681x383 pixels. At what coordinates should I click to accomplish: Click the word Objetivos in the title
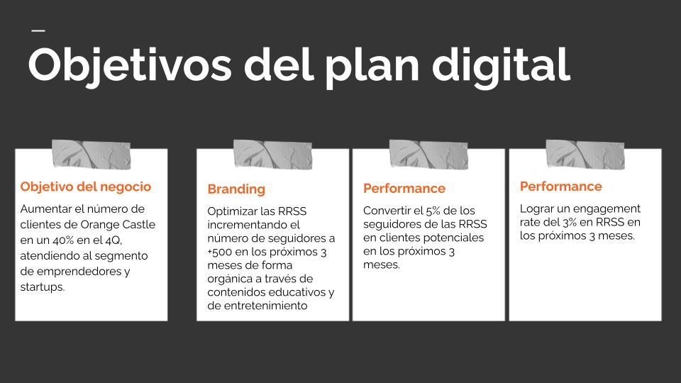pyautogui.click(x=130, y=66)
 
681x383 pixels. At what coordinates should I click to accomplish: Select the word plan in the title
pyautogui.click(x=372, y=67)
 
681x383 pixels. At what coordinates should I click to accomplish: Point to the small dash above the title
pyautogui.click(x=38, y=30)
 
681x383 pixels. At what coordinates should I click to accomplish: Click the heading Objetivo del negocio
pyautogui.click(x=86, y=187)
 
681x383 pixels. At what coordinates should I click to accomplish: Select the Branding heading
pyautogui.click(x=236, y=189)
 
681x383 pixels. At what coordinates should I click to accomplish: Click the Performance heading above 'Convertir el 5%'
pyautogui.click(x=404, y=189)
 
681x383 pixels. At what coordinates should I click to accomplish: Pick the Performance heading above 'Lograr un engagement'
pyautogui.click(x=560, y=187)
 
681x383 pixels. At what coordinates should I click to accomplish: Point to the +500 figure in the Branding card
pyautogui.click(x=219, y=252)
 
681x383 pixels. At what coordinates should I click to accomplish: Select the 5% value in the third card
pyautogui.click(x=433, y=211)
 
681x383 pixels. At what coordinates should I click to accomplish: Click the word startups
pyautogui.click(x=43, y=287)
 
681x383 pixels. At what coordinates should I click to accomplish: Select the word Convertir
pyautogui.click(x=387, y=211)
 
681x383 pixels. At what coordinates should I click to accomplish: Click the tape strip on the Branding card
pyautogui.click(x=272, y=154)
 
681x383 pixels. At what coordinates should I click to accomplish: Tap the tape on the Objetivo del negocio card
pyautogui.click(x=92, y=154)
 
